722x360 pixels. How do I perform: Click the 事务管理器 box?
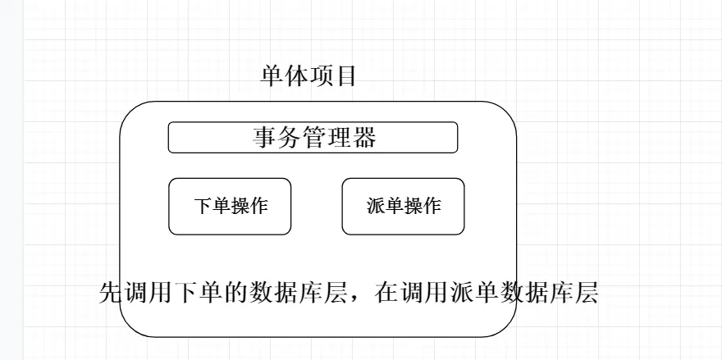tap(313, 137)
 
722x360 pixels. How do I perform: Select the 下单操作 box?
tap(230, 206)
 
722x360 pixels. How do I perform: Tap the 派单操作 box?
tap(403, 206)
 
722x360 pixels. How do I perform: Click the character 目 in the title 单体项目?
tap(345, 77)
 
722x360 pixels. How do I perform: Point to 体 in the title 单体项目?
tap(296, 77)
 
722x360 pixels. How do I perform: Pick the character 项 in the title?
tap(321, 77)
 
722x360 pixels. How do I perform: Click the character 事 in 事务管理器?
tap(264, 138)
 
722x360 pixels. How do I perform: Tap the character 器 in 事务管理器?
tap(363, 138)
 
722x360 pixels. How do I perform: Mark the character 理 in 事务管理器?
tap(339, 138)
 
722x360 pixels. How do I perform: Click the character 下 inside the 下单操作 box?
tap(203, 206)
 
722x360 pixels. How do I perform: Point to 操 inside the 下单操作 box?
tap(240, 206)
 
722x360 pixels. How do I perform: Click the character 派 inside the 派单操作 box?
tap(376, 206)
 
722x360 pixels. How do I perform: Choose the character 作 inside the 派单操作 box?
tap(432, 206)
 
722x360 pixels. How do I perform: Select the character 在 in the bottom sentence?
tap(386, 293)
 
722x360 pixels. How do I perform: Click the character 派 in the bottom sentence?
tap(462, 293)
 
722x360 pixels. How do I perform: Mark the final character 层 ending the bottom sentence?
tap(586, 293)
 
